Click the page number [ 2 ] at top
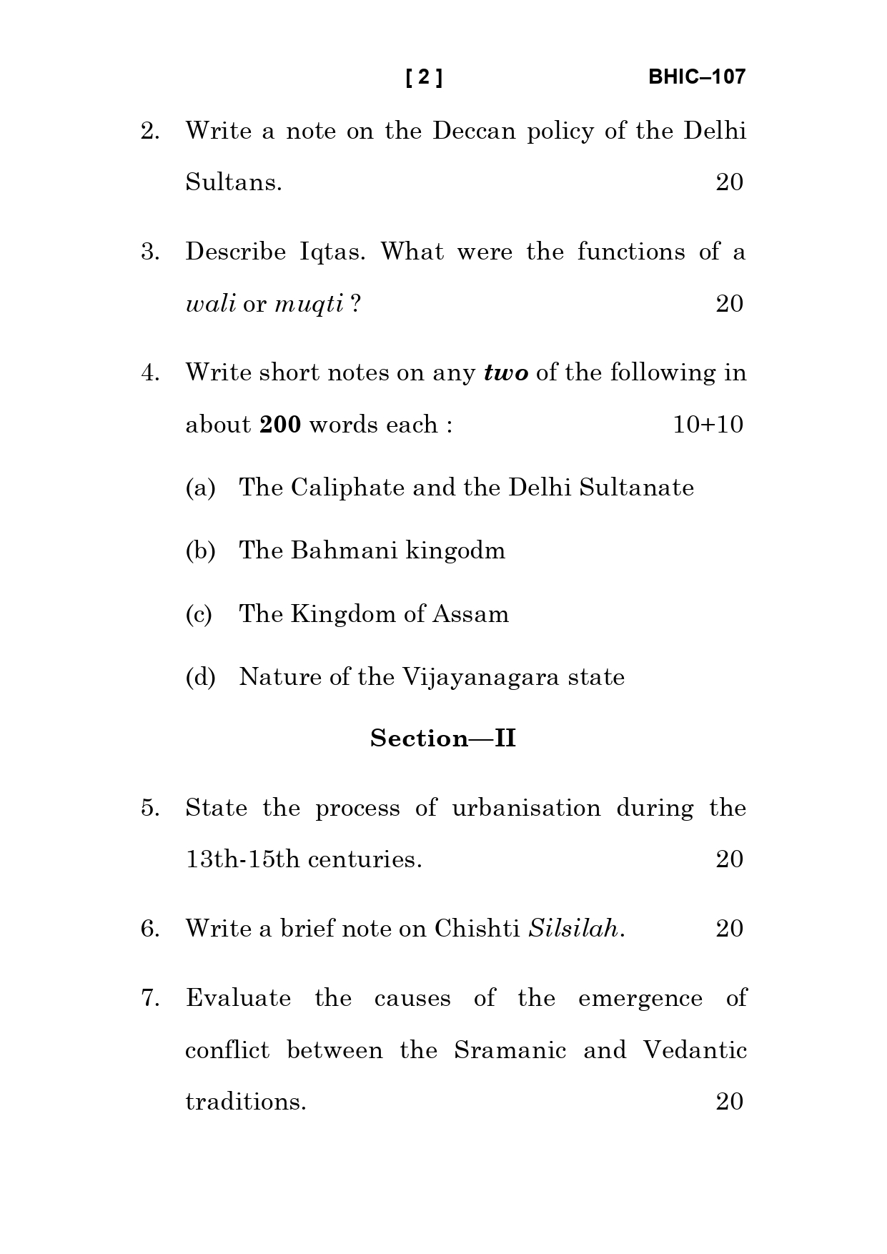coord(424,77)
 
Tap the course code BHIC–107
coord(696,77)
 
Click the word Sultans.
coord(233,183)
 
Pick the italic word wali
coord(210,305)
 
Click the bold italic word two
coord(506,373)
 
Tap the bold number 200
coord(279,425)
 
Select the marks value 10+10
coord(708,425)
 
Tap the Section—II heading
coord(443,739)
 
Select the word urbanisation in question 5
coord(526,809)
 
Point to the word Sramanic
coord(510,1050)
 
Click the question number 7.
coord(150,998)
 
